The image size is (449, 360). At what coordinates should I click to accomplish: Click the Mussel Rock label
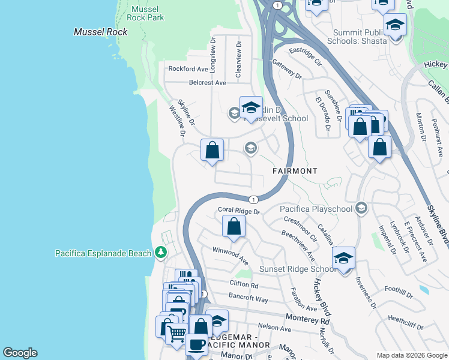(x=96, y=32)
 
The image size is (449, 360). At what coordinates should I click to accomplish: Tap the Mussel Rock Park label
(x=147, y=13)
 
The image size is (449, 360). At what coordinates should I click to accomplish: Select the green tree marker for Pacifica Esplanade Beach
(x=160, y=253)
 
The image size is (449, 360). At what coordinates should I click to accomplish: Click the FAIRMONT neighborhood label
(x=295, y=171)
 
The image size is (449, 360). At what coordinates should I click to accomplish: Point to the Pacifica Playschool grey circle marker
(x=361, y=209)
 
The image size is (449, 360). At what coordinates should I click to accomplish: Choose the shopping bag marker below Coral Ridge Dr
(x=234, y=227)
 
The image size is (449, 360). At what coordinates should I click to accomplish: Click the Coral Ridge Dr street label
(x=238, y=211)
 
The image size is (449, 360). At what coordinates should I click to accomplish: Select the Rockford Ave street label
(x=188, y=69)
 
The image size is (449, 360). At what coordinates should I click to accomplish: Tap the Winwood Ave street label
(x=230, y=254)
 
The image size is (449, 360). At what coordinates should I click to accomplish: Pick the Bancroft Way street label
(x=248, y=298)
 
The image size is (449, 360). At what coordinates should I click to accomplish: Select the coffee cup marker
(x=196, y=345)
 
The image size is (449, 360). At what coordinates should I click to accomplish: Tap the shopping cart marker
(x=176, y=333)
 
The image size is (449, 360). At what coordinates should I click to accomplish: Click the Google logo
(x=20, y=353)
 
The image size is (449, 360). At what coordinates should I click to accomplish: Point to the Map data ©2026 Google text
(x=411, y=355)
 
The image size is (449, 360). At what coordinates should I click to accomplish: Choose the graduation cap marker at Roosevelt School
(x=251, y=109)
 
